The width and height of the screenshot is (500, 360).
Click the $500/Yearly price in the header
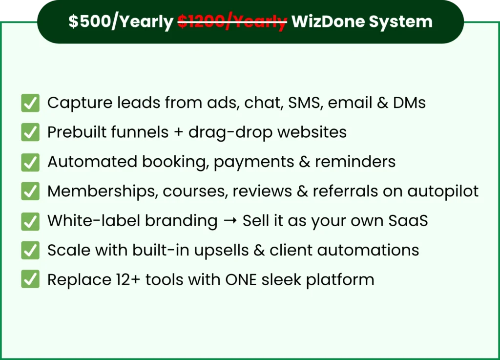(x=120, y=22)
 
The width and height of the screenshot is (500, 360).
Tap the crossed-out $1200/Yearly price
(x=232, y=22)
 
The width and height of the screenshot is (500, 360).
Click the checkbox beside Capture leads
(x=30, y=103)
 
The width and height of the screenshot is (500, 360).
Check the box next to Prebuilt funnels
(x=30, y=132)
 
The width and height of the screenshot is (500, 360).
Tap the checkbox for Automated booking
(x=30, y=162)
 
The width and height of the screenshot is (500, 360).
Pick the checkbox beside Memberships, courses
(x=30, y=191)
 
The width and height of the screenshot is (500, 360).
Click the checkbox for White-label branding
(x=30, y=221)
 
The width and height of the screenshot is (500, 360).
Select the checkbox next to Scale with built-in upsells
(x=30, y=251)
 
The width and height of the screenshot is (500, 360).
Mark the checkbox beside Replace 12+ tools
(x=30, y=280)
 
